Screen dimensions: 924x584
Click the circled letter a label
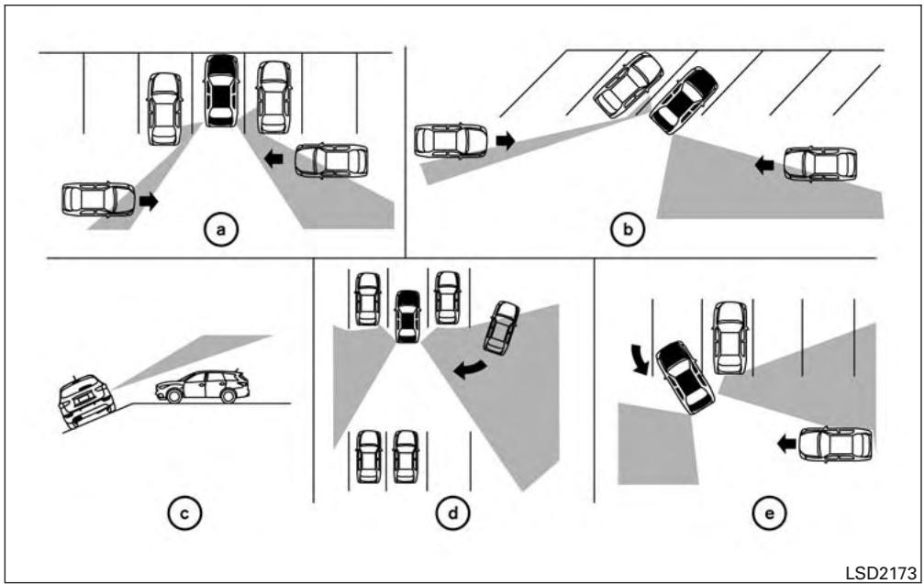click(x=221, y=229)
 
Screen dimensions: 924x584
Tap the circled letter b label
click(x=627, y=229)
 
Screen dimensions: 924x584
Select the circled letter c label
click(x=184, y=513)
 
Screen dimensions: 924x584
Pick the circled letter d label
click(x=452, y=513)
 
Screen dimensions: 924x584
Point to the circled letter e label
click(x=770, y=513)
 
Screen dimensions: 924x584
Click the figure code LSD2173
click(x=880, y=573)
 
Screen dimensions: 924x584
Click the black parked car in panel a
click(x=221, y=91)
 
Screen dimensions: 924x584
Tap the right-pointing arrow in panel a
click(x=149, y=202)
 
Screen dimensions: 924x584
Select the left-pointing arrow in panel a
click(x=273, y=159)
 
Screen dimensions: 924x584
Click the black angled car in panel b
click(x=683, y=100)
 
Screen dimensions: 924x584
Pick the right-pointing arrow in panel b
click(x=506, y=140)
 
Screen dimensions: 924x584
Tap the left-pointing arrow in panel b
click(x=764, y=165)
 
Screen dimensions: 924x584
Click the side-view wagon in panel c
click(x=203, y=387)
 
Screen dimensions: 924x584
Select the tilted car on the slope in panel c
click(x=86, y=401)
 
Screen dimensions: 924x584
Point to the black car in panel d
click(x=407, y=316)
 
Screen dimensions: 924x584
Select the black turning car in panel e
click(x=685, y=378)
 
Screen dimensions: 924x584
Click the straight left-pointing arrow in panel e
click(x=786, y=444)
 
